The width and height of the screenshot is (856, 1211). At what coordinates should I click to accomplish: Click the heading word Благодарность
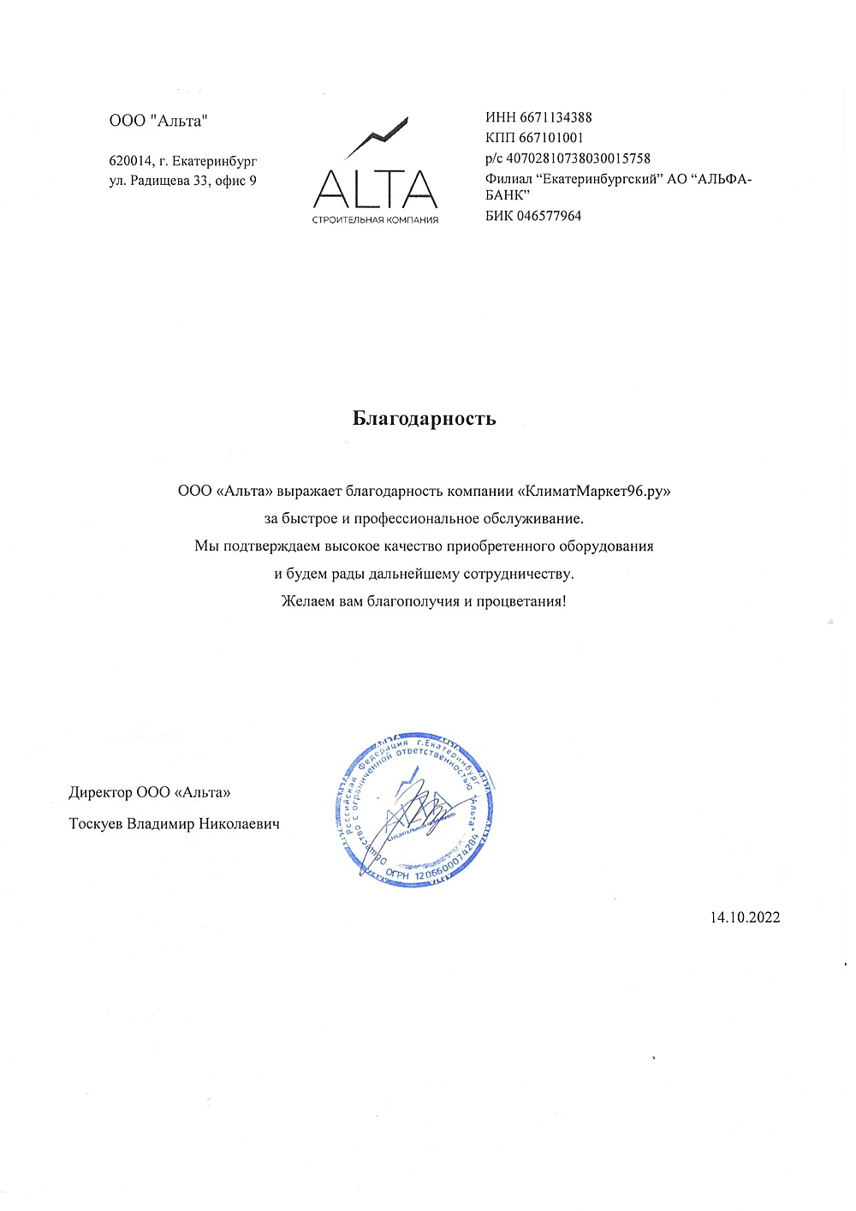point(424,419)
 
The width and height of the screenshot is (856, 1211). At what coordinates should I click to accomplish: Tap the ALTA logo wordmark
point(376,188)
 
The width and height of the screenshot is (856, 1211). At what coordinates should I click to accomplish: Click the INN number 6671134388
point(556,117)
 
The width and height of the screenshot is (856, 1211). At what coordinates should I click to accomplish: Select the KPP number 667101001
point(551,138)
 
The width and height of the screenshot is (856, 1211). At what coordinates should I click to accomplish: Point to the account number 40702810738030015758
point(578,158)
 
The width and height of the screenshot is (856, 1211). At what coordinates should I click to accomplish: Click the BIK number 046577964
point(549,216)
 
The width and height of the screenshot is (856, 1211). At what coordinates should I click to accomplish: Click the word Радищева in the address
point(161,181)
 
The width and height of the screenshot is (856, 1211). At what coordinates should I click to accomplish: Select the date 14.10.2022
point(745,917)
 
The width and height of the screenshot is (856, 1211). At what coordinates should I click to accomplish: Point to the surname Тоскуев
point(96,824)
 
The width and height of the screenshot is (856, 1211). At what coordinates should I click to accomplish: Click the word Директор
point(100,792)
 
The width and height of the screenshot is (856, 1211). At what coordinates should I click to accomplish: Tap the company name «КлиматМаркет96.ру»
point(595,492)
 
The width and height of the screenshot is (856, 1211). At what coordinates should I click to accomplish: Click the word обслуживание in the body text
point(532,519)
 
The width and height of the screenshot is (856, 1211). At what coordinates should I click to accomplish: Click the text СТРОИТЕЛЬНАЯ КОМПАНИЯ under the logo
point(376,220)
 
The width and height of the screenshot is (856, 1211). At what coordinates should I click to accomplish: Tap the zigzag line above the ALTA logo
point(376,137)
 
